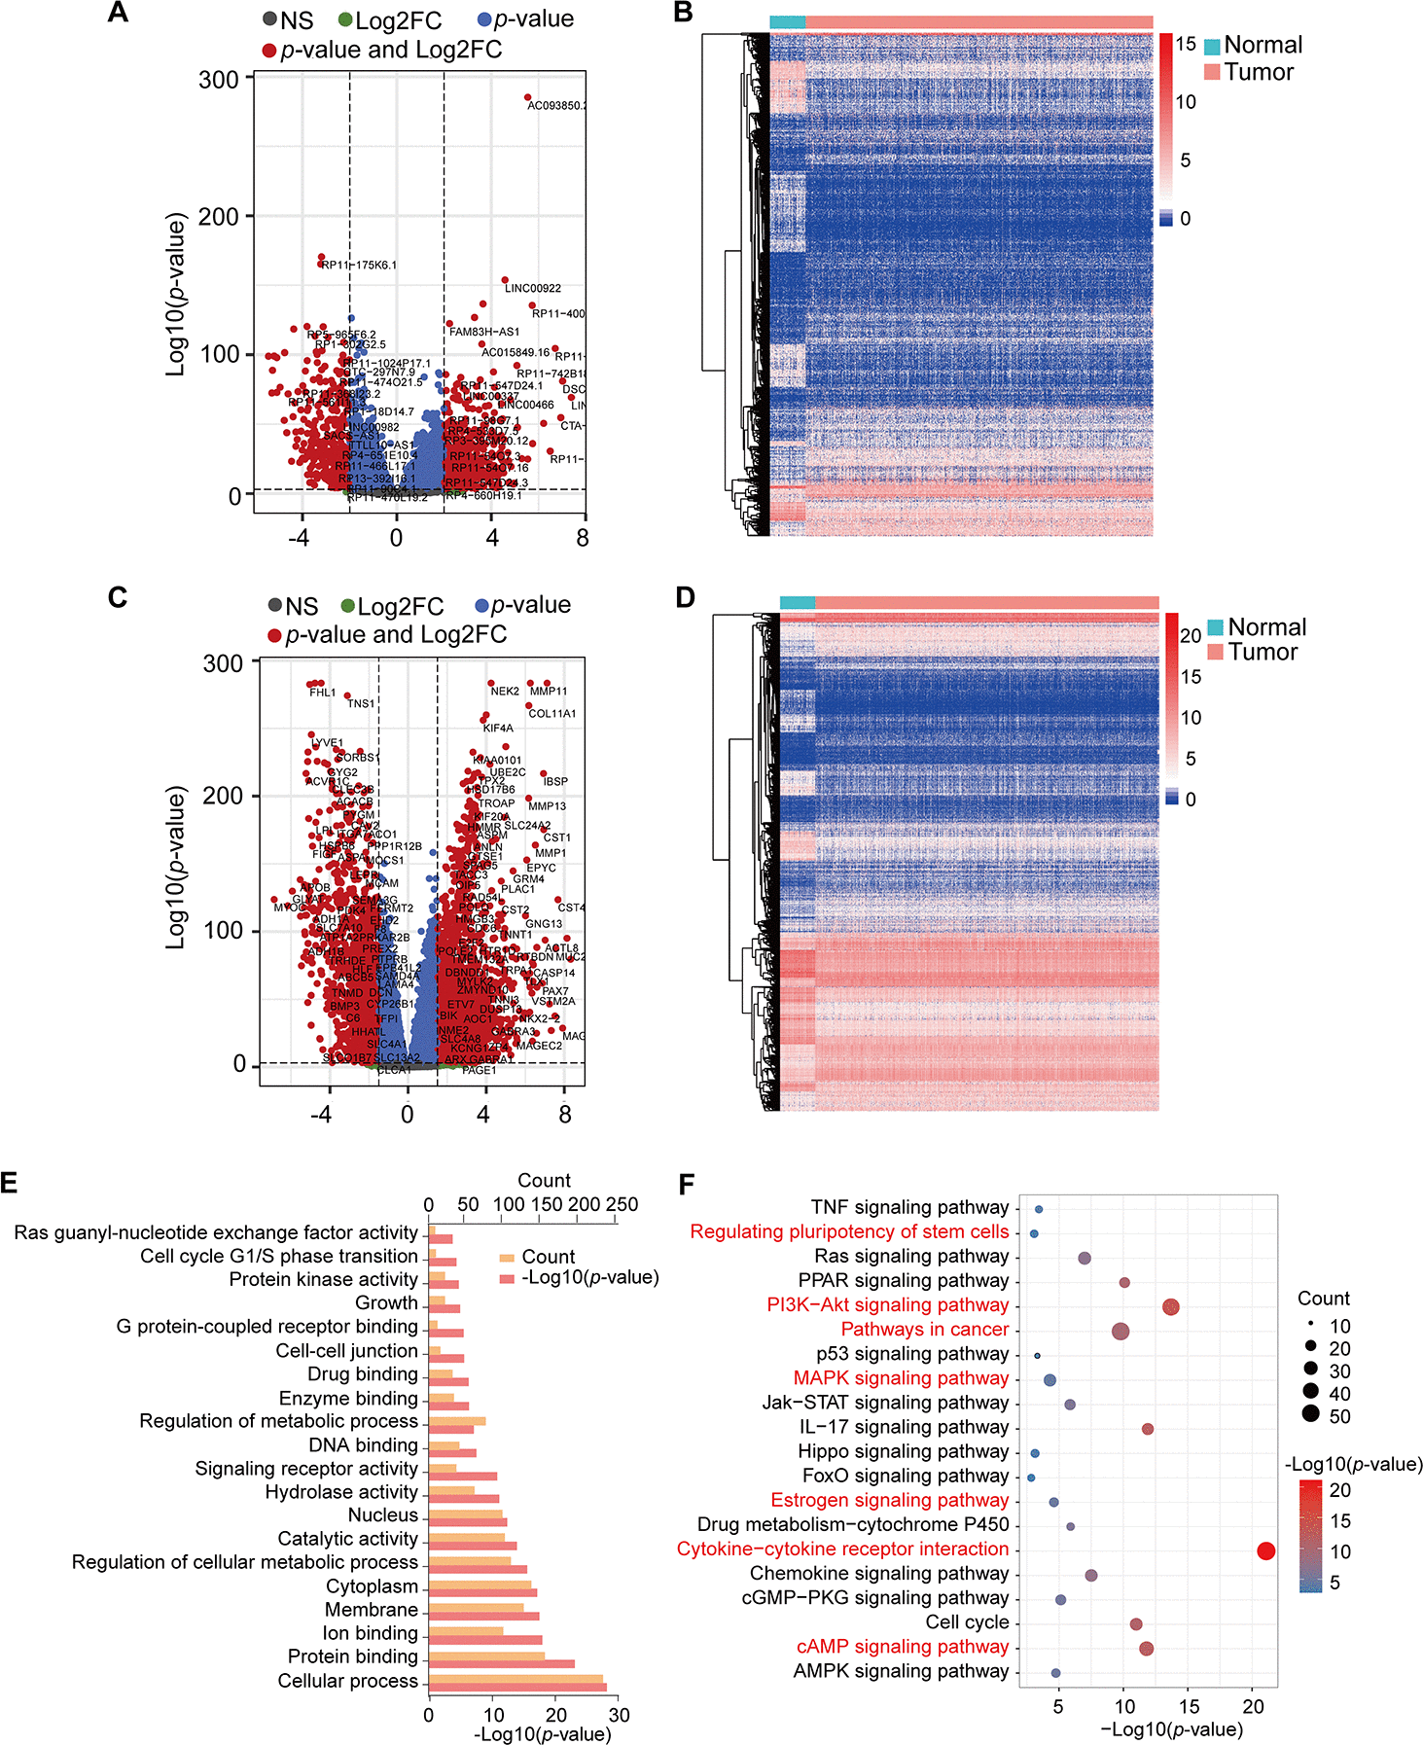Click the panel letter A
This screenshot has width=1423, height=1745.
pos(118,13)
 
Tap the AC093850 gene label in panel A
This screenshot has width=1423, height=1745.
pos(555,106)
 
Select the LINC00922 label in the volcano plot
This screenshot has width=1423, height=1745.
pos(532,289)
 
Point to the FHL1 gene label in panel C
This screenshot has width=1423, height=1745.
pos(322,694)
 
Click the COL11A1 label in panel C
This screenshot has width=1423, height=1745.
pos(551,714)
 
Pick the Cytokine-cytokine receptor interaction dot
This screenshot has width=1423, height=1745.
pos(1265,1551)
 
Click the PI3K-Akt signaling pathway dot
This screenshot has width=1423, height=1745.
pos(1170,1307)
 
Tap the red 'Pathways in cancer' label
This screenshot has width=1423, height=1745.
pos(924,1330)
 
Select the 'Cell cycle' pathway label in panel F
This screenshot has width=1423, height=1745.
pos(967,1622)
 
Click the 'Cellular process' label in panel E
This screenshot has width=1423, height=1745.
pos(347,1681)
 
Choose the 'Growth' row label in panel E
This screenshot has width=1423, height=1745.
pos(386,1303)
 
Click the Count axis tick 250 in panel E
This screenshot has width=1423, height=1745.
pos(622,1205)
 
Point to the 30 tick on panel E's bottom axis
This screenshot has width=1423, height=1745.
pos(619,1715)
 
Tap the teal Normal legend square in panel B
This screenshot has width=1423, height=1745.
pos(1212,47)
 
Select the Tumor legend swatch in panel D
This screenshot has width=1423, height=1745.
pos(1215,652)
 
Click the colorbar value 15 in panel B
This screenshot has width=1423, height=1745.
pos(1186,44)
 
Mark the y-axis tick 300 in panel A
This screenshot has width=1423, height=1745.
pos(219,80)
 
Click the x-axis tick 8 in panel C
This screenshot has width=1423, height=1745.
pos(565,1115)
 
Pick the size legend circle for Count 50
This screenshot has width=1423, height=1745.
pos(1311,1416)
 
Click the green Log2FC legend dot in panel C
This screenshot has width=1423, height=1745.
pos(347,607)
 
